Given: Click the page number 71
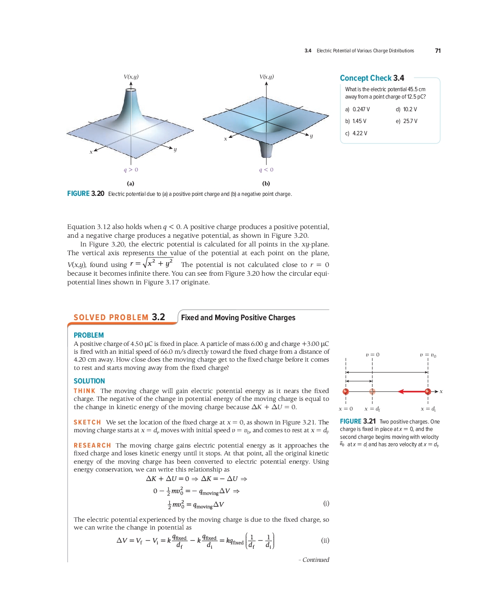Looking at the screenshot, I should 438,51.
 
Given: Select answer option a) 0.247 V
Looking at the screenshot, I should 357,109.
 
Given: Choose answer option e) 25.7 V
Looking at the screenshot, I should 406,121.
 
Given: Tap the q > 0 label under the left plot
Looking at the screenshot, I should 131,170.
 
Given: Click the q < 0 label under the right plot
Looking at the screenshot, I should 266,170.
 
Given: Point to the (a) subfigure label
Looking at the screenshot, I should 131,184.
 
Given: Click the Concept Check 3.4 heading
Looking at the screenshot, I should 372,78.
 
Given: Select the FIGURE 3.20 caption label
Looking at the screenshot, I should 86,194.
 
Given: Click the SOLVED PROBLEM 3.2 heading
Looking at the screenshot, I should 119,318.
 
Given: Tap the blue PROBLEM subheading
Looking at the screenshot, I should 89,335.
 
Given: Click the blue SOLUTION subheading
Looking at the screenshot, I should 89,381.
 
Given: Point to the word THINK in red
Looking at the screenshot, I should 84,391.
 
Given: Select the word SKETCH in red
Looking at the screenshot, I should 87,422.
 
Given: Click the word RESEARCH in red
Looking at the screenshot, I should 92,445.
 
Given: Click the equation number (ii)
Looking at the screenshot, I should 325,540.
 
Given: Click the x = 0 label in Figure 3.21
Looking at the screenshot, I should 346,409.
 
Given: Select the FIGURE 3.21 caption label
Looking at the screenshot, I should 357,421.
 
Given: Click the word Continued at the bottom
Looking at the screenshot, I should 316,560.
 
